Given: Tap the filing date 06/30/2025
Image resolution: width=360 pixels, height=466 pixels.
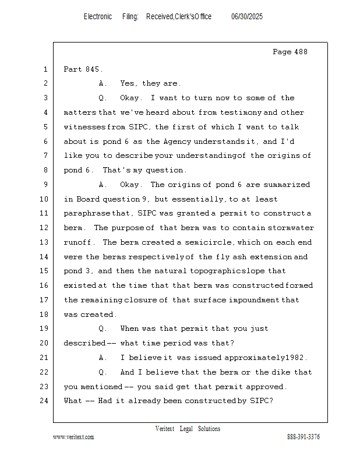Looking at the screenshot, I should point(247,17).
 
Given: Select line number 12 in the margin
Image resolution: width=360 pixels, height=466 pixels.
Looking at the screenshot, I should point(45,228).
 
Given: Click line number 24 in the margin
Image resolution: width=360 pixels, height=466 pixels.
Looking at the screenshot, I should point(45,401).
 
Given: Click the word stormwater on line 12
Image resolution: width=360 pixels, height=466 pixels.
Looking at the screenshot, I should point(292,228).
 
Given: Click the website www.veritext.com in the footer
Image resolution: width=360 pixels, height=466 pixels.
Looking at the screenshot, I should point(73,437).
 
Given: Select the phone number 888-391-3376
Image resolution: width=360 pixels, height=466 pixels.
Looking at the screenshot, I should point(303,437).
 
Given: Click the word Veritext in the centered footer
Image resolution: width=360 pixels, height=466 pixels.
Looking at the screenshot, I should point(165,429).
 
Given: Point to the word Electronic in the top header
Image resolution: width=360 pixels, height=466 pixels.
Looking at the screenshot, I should point(98,17).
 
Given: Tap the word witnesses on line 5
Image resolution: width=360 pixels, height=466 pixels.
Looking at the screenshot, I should point(85,127).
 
